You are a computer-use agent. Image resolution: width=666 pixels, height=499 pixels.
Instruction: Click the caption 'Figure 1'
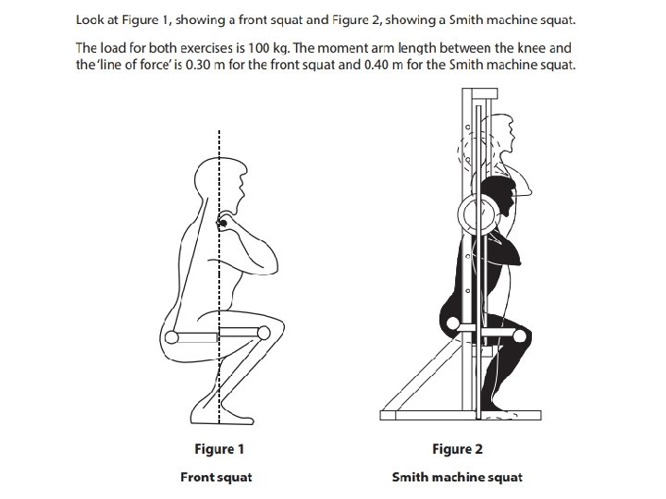coord(219,450)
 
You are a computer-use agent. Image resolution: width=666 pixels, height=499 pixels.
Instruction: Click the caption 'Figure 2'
coord(457,450)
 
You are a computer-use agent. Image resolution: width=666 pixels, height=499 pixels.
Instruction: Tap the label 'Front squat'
coord(216,478)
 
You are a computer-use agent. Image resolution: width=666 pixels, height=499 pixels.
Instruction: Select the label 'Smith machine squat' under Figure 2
coord(457,478)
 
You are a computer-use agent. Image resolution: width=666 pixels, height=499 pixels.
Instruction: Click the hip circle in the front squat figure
coord(173,335)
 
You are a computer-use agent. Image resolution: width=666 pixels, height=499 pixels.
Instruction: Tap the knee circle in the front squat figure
coord(264,333)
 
